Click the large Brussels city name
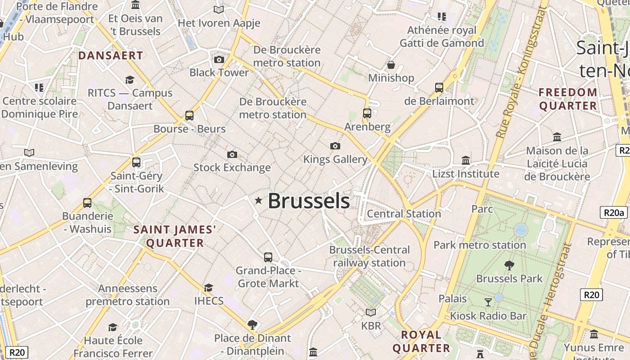point(309,201)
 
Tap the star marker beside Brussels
point(258,200)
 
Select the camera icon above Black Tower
point(219,59)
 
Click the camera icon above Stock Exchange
point(232,154)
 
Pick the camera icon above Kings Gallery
point(335,146)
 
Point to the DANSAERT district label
point(111,56)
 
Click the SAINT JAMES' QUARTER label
point(175,237)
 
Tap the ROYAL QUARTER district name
point(421,341)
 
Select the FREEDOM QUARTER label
point(568,99)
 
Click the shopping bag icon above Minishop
point(391,65)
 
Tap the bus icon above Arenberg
point(367,113)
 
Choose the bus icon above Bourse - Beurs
point(189,116)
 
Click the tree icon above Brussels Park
point(509,265)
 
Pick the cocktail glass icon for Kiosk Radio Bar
point(488,302)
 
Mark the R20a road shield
point(613,213)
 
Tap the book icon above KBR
point(371,312)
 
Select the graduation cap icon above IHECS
point(208,288)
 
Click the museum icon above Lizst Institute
point(466,160)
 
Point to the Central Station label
point(404,214)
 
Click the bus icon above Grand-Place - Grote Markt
point(268,257)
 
